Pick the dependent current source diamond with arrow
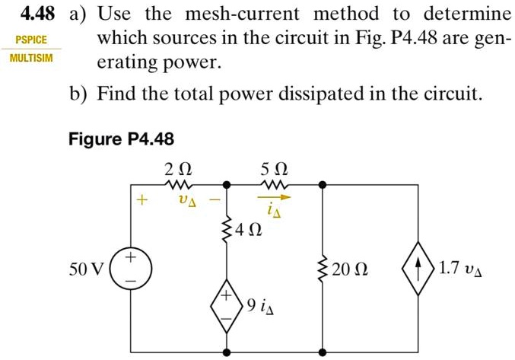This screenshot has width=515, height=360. [x=419, y=269]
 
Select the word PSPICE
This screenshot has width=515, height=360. [x=31, y=39]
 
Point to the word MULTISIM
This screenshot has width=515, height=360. [x=31, y=59]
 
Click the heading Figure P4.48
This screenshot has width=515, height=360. [x=121, y=139]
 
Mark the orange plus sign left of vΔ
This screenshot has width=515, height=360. [x=140, y=201]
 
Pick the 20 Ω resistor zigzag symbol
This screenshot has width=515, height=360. [x=323, y=269]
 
